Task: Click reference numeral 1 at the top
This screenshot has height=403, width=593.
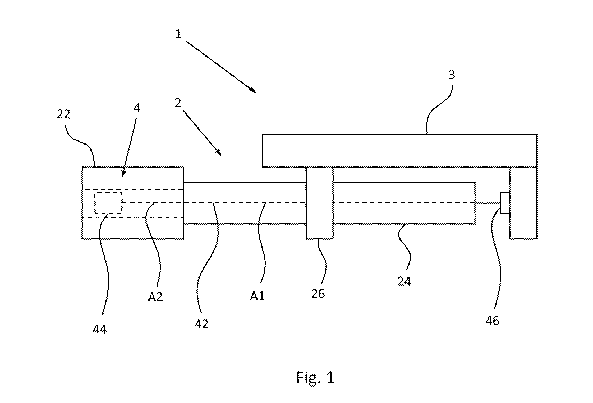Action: point(178,34)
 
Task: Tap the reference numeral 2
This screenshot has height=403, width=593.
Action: point(178,103)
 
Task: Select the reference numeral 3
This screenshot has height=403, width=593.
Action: point(452,75)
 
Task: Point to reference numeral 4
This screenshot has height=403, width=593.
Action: point(137,108)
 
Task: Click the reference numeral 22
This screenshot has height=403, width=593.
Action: point(63,114)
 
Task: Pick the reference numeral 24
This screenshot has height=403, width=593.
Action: point(404,281)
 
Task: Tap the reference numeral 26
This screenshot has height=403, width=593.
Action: point(318,294)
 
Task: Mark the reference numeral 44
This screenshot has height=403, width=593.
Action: point(100,329)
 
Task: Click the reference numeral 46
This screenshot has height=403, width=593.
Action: point(492,321)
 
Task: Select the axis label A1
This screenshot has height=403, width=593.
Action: point(257,296)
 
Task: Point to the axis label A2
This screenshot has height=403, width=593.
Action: point(155,297)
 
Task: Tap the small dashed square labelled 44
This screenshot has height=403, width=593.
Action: point(108,203)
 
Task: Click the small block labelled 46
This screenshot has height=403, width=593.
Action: point(505,203)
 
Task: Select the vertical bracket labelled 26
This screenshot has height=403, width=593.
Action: point(320,203)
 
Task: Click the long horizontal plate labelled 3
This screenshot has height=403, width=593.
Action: point(399,151)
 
